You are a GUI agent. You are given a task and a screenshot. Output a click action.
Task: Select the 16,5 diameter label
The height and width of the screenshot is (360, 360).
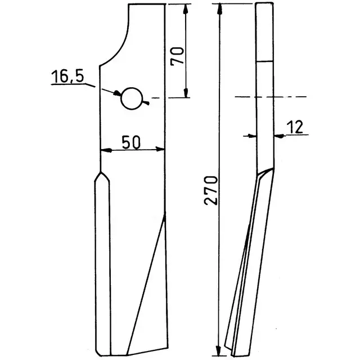coord(67,76)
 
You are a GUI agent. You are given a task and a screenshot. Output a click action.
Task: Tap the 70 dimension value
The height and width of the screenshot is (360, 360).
coord(178,56)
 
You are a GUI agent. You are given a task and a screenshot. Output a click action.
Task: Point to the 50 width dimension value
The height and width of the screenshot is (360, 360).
coord(131,142)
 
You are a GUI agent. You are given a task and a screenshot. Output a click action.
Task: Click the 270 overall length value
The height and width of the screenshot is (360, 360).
coord(210,190)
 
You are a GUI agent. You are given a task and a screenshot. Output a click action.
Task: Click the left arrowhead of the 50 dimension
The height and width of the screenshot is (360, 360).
coord(106,150)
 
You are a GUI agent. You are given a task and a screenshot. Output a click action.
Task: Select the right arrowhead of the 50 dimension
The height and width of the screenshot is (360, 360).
coord(160,149)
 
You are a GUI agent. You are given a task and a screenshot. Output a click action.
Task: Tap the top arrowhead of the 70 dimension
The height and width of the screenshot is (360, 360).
coord(186,8)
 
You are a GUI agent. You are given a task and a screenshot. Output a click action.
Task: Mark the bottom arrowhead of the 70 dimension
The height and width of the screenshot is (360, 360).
coord(186,93)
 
